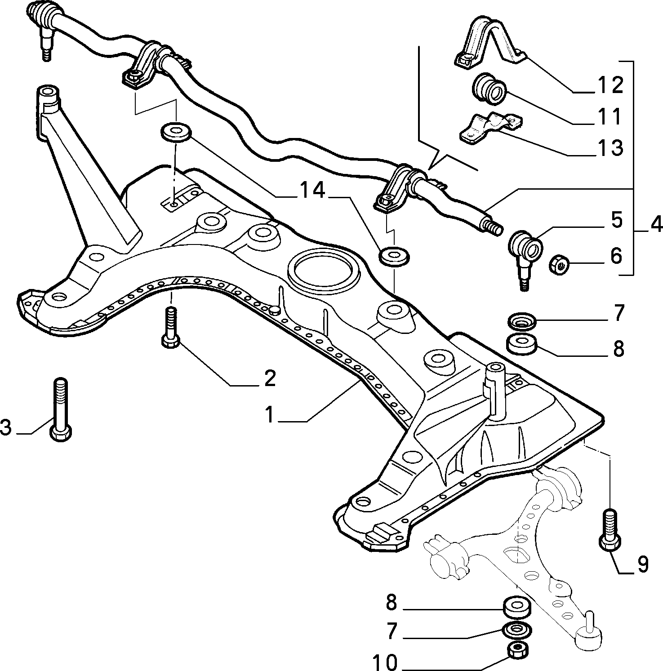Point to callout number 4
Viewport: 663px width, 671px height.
pyautogui.click(x=655, y=223)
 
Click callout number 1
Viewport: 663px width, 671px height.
pyautogui.click(x=269, y=414)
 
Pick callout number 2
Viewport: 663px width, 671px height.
pyautogui.click(x=269, y=378)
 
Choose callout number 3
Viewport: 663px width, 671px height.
pyautogui.click(x=6, y=427)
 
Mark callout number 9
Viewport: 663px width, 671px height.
pyautogui.click(x=642, y=564)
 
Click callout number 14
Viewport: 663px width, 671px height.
pyautogui.click(x=312, y=191)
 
